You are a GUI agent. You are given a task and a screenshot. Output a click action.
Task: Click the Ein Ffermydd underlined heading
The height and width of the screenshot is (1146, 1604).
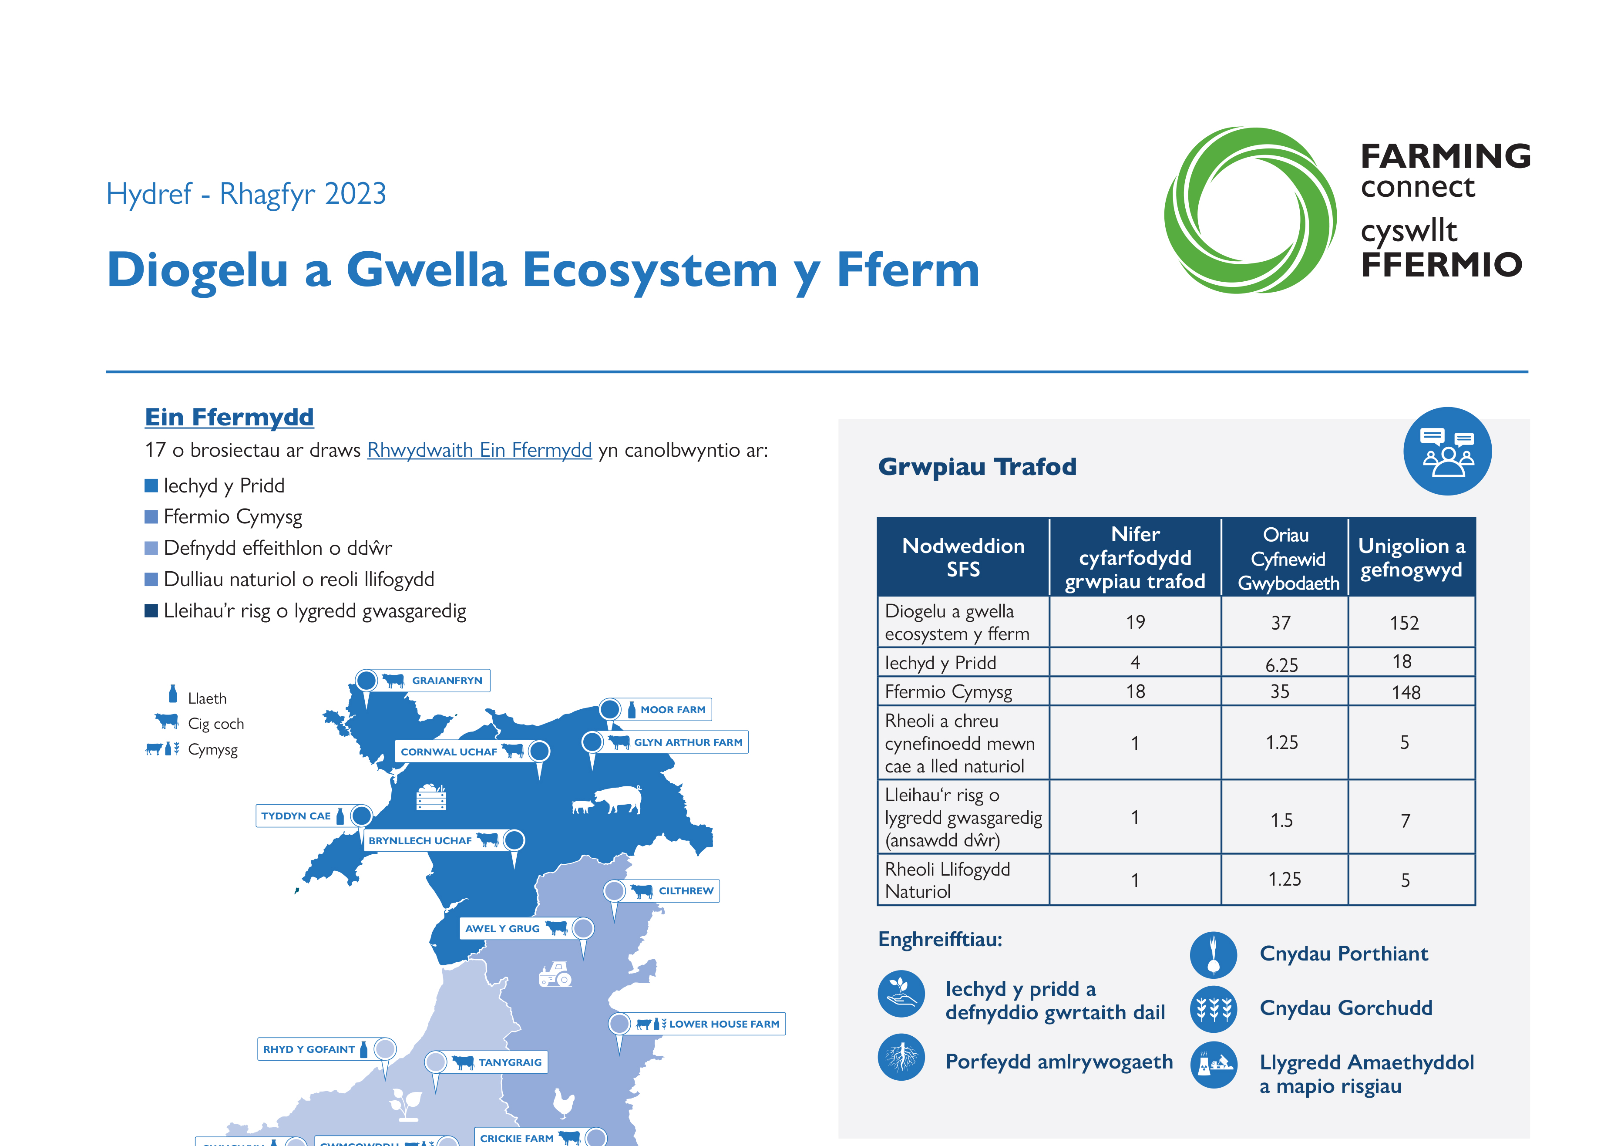click(229, 417)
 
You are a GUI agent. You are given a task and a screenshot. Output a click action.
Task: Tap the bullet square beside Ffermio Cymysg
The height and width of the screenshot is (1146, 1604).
click(151, 517)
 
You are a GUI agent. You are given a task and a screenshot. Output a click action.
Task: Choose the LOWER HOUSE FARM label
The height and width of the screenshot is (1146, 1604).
click(724, 1024)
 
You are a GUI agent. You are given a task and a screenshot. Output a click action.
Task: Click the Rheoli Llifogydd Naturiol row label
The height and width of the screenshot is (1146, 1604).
click(947, 880)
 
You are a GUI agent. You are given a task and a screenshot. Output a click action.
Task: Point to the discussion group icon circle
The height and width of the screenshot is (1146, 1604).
click(1447, 452)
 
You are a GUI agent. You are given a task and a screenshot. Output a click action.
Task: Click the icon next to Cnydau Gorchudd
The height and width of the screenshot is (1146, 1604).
click(1213, 1009)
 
